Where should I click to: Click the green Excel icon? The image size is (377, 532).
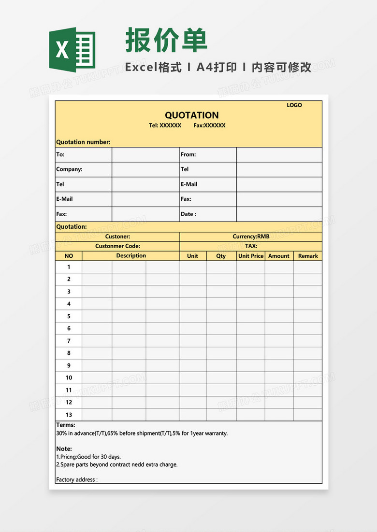(x=72, y=48)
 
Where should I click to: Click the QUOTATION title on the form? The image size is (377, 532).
(x=191, y=115)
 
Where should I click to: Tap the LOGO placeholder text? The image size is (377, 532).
(x=294, y=105)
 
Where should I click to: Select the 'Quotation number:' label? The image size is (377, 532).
(x=83, y=142)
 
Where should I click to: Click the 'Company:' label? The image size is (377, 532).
(x=69, y=169)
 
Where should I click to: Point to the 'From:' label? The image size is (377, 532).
(x=188, y=154)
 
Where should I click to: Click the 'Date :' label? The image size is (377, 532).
(x=188, y=214)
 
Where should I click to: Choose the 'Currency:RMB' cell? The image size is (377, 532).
(x=251, y=237)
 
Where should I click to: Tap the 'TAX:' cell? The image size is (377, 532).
(x=251, y=246)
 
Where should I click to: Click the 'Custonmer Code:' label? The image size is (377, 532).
(x=117, y=246)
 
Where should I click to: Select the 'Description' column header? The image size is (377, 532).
(x=131, y=256)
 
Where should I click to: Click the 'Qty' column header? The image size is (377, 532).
(x=221, y=256)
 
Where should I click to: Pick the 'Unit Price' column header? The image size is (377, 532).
(x=250, y=256)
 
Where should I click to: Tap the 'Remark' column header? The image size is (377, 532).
(x=308, y=256)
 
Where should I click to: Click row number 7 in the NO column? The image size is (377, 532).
(x=69, y=341)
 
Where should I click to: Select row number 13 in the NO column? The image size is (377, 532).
(x=69, y=415)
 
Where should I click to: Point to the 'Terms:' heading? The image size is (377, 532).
(x=66, y=425)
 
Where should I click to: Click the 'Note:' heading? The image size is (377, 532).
(x=64, y=448)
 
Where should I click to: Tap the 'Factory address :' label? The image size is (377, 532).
(x=77, y=479)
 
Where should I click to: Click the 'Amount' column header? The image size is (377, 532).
(x=279, y=256)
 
